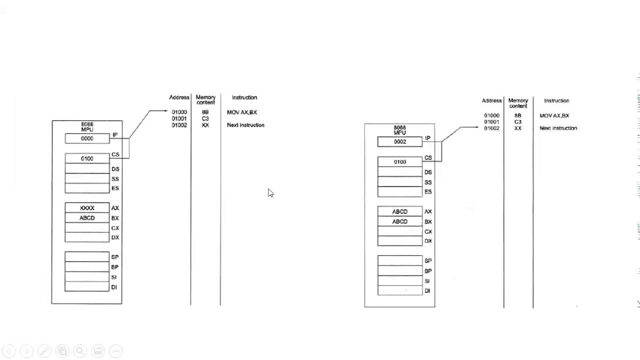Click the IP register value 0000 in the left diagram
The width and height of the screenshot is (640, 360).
(87, 138)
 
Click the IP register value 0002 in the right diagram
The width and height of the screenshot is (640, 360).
(399, 142)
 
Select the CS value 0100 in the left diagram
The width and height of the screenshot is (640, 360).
(87, 158)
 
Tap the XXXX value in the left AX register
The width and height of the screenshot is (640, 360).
(87, 208)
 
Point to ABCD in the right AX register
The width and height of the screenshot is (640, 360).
(399, 211)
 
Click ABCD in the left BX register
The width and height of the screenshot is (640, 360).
(87, 218)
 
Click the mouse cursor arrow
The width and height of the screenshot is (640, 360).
(270, 193)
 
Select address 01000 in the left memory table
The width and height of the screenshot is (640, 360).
(179, 112)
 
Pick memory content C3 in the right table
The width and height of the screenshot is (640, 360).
(517, 122)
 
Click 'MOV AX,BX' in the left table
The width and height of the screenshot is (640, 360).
(242, 112)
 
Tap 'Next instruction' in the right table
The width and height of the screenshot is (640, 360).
(558, 128)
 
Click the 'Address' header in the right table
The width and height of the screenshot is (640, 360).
(491, 101)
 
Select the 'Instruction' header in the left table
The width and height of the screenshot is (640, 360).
(244, 97)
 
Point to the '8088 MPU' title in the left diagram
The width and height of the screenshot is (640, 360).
(87, 126)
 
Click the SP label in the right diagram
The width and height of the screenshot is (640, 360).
(428, 261)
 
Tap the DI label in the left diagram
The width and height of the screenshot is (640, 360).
(114, 287)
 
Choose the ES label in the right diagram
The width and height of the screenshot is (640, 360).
(428, 192)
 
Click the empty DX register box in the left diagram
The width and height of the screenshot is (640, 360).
(87, 237)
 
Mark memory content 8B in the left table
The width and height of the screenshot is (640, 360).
(205, 112)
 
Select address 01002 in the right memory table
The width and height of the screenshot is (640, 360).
(491, 128)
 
